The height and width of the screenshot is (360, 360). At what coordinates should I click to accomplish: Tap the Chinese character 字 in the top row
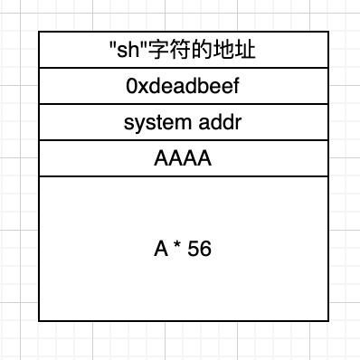[151, 51]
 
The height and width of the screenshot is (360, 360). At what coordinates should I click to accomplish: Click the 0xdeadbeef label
[183, 87]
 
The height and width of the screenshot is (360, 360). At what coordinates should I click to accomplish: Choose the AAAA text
[183, 159]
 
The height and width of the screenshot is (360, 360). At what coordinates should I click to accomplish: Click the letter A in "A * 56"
[161, 250]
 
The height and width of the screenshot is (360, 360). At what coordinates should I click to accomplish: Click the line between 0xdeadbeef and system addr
[183, 104]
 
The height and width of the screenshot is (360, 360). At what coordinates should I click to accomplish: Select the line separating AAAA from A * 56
[183, 176]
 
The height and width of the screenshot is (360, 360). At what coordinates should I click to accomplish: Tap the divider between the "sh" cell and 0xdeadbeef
[183, 68]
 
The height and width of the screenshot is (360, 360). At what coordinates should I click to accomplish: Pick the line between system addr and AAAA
[183, 140]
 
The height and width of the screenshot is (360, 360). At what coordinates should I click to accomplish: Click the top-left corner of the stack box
[39, 33]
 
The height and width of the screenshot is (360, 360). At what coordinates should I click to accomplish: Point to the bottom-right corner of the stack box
[327, 320]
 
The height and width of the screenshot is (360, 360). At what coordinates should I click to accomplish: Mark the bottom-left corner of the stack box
[39, 320]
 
